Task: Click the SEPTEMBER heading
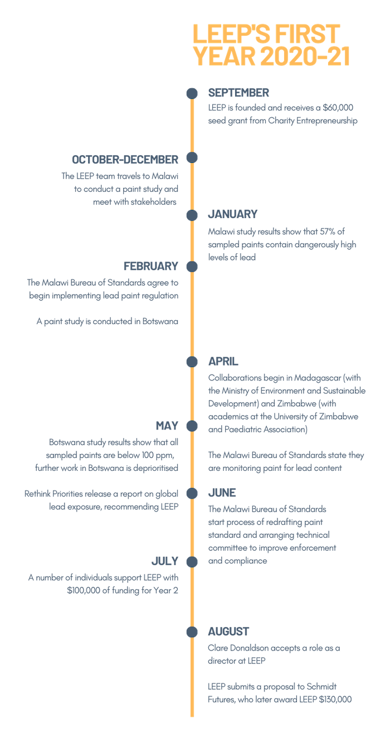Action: click(x=238, y=93)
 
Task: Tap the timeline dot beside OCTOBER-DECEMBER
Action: click(x=192, y=157)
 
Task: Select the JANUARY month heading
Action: click(x=232, y=214)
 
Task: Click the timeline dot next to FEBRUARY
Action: click(x=192, y=266)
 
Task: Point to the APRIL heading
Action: click(x=223, y=362)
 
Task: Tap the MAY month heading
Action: click(x=167, y=426)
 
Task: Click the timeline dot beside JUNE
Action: click(x=192, y=493)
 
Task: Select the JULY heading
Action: click(x=165, y=561)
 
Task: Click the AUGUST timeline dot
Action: click(x=192, y=632)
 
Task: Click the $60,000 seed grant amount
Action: click(x=338, y=108)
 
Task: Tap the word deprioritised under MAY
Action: click(x=155, y=468)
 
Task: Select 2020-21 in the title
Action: click(x=305, y=56)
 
